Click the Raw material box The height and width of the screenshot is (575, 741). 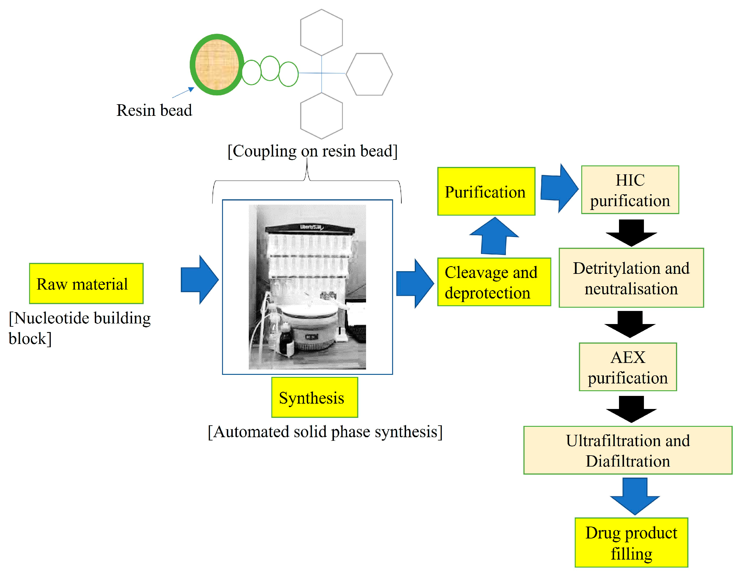pos(86,283)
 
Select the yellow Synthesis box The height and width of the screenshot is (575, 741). pos(314,397)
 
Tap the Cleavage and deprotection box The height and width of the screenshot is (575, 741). pos(494,282)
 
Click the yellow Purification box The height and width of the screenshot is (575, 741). pos(486,192)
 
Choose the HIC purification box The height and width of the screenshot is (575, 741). pos(630,190)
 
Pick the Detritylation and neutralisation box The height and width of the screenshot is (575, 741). pos(631,278)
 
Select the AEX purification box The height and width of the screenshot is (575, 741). pos(628,367)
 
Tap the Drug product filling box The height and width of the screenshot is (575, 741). pos(631,542)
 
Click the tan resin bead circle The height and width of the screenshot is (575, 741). pos(217,64)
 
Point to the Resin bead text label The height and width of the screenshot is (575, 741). pos(154,110)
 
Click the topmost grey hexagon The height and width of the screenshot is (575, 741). pos(321,32)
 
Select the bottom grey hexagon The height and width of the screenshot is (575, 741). pos(321,116)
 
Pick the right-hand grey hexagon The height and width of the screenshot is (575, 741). pos(369,74)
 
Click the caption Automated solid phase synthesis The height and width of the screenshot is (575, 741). pos(325,432)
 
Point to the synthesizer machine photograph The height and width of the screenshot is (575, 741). pos(307,287)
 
